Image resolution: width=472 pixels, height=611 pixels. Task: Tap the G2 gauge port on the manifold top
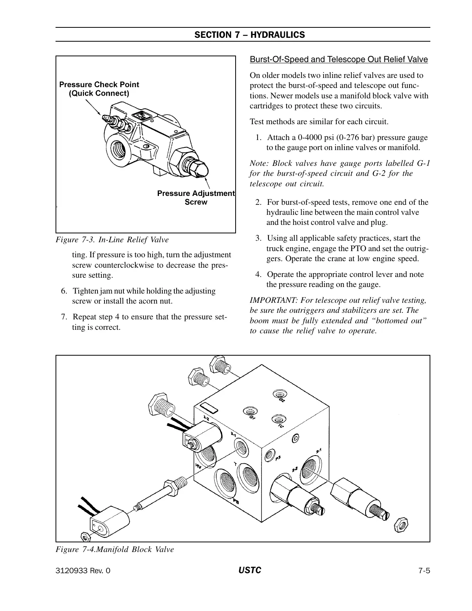[x=278, y=394]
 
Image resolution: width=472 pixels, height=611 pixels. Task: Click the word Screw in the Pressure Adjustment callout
[x=196, y=202]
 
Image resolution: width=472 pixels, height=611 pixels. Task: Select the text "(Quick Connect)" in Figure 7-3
[x=99, y=93]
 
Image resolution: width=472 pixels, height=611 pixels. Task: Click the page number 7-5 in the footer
[x=424, y=571]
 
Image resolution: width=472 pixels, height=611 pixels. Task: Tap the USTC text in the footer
[x=250, y=570]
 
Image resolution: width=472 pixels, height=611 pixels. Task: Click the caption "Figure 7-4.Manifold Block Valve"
[x=115, y=549]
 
